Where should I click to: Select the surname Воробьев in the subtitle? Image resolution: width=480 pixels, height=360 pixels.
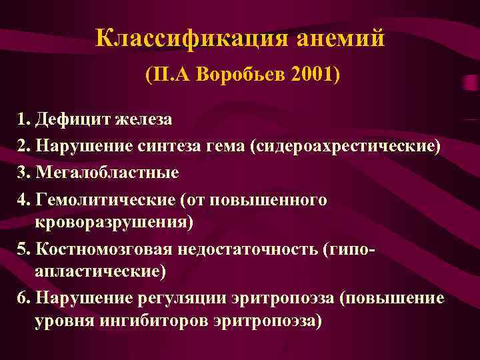click(239, 75)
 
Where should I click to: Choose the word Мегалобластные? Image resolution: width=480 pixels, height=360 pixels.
click(107, 173)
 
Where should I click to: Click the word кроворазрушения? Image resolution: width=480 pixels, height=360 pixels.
click(113, 221)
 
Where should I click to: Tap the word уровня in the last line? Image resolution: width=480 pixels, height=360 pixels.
click(61, 321)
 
